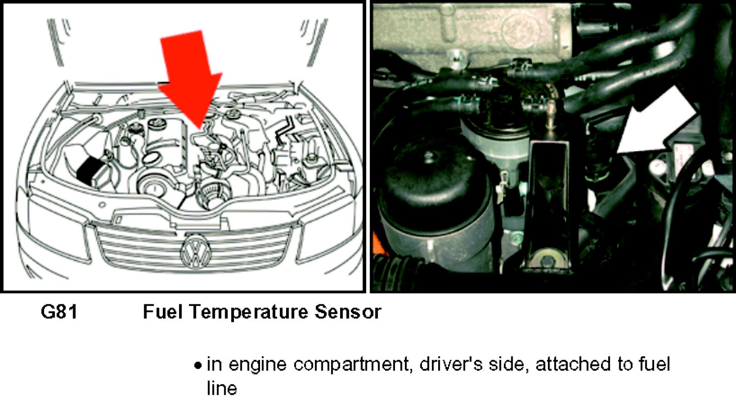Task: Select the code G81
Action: coord(59,312)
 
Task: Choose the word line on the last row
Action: coord(222,388)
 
